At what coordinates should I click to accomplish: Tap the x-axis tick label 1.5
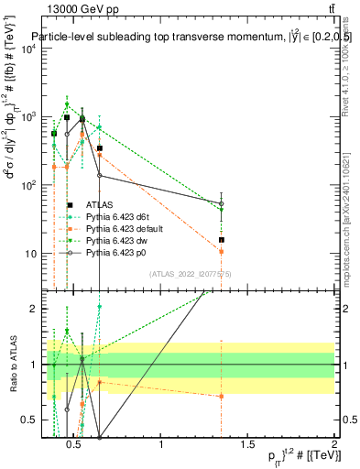(x=248, y=446)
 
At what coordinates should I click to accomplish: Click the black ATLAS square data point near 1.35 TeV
(x=222, y=240)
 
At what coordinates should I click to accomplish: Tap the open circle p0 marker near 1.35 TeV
(x=222, y=203)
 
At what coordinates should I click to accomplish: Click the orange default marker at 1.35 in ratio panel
(x=222, y=396)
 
